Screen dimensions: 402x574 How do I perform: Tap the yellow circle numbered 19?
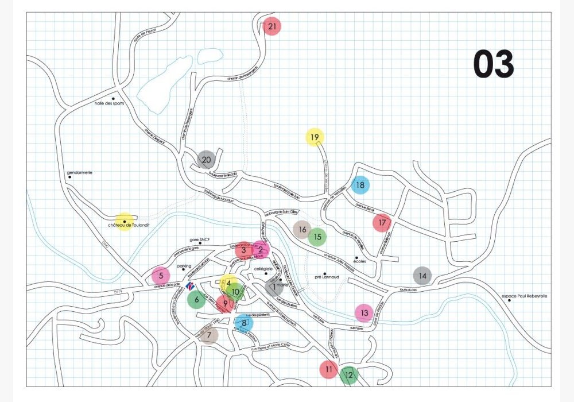click(x=315, y=137)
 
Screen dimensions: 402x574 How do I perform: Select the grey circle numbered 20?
click(x=206, y=159)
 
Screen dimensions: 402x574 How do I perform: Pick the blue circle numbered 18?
click(x=360, y=185)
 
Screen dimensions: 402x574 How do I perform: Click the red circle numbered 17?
click(x=382, y=222)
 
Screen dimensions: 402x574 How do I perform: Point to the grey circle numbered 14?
click(x=422, y=276)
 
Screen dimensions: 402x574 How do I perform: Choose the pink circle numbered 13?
click(x=364, y=313)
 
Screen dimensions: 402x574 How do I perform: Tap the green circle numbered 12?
click(x=348, y=376)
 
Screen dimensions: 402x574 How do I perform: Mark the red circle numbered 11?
click(x=328, y=369)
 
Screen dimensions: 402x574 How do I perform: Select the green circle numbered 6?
click(x=196, y=299)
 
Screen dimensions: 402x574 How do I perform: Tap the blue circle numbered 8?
click(x=244, y=323)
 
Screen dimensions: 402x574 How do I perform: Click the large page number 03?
click(x=493, y=64)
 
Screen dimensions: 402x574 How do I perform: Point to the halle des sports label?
click(x=110, y=104)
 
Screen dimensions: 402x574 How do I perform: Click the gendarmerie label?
click(x=80, y=172)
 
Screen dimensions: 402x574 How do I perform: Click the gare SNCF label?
click(x=201, y=241)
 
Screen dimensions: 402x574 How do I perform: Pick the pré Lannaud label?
click(x=327, y=277)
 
